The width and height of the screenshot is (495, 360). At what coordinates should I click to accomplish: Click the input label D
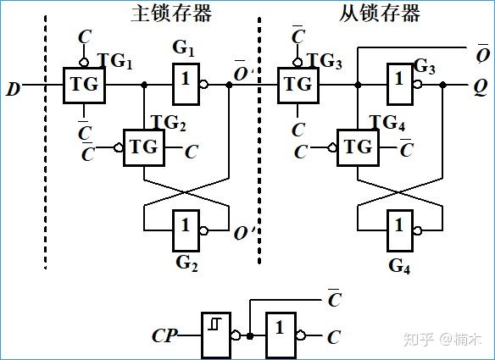tap(13, 89)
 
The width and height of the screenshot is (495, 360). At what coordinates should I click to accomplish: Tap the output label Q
tap(481, 88)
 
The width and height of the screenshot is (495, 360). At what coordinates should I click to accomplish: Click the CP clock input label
tap(164, 335)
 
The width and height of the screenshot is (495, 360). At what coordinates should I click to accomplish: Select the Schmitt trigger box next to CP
tap(216, 335)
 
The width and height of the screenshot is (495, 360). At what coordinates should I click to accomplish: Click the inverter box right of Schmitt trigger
tap(281, 335)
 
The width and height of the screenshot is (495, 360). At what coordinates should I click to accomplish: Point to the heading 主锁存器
tap(170, 14)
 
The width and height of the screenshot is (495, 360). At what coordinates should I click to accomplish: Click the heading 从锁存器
tap(380, 14)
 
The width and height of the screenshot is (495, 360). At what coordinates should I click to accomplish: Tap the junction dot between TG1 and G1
tap(144, 85)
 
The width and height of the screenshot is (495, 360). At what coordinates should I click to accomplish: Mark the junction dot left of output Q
tap(443, 85)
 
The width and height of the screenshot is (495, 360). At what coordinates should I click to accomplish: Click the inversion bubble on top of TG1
tap(84, 62)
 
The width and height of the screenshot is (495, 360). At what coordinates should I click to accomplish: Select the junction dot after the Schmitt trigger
tap(250, 336)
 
